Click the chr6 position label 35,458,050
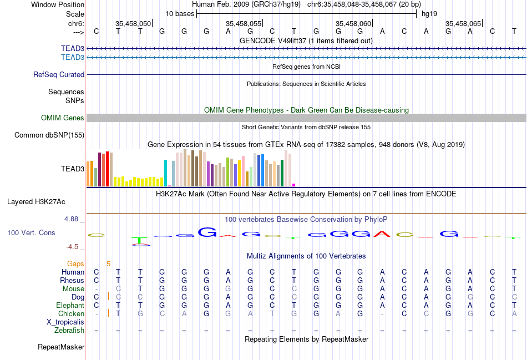[x=133, y=24]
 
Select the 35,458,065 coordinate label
[x=463, y=24]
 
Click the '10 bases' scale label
[x=180, y=13]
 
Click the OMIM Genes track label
[x=63, y=118]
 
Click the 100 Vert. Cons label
[x=31, y=232]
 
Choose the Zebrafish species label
[x=69, y=330]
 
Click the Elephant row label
[x=70, y=305]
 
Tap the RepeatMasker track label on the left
[x=61, y=347]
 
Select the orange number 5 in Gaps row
[x=109, y=263]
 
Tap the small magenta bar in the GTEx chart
[x=294, y=185]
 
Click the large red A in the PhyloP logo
[x=382, y=234]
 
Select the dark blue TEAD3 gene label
[x=73, y=49]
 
